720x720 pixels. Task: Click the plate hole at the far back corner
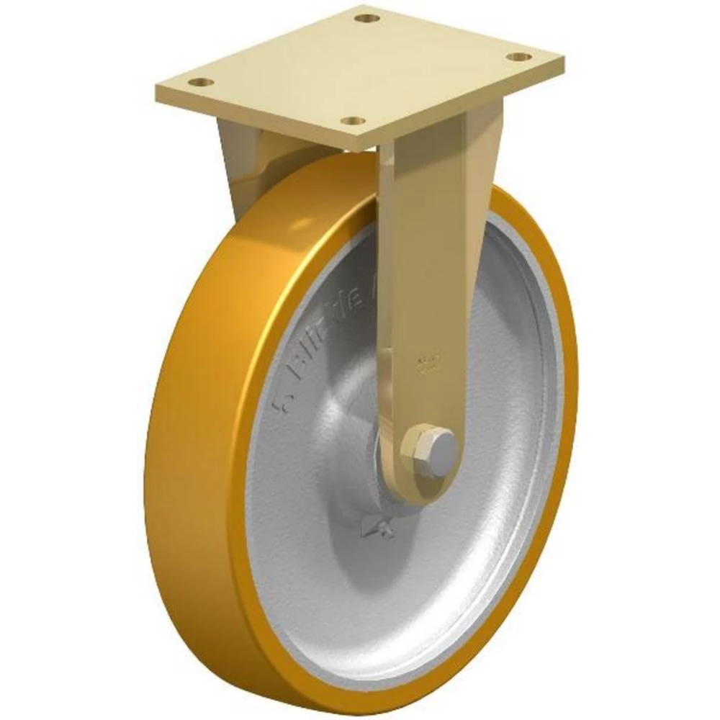[x=367, y=17]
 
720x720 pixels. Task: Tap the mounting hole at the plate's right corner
[x=518, y=56]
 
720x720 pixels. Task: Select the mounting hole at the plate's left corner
[x=204, y=82]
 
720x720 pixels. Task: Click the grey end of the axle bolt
[x=444, y=448]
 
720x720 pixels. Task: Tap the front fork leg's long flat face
[x=425, y=252]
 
